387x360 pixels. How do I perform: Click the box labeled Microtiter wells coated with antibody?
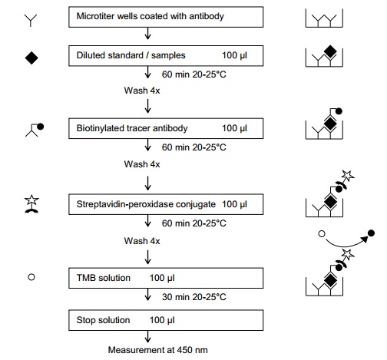pyautogui.click(x=166, y=17)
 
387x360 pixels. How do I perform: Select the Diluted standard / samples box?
pyautogui.click(x=166, y=56)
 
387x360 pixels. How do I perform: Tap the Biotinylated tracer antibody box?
pyautogui.click(x=166, y=128)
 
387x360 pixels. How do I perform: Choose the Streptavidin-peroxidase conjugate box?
pyautogui.click(x=166, y=204)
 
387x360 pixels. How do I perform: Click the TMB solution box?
pyautogui.click(x=166, y=278)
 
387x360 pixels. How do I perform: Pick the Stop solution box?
pyautogui.click(x=166, y=320)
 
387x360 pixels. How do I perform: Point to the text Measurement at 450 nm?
pyautogui.click(x=157, y=350)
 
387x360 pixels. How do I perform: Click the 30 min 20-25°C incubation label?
pyautogui.click(x=194, y=297)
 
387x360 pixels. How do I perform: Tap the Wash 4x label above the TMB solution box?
pyautogui.click(x=142, y=241)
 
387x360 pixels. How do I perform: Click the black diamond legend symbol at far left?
pyautogui.click(x=31, y=58)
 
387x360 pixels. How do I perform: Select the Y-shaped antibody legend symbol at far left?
pyautogui.click(x=31, y=21)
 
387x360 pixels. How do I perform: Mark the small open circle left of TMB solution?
pyautogui.click(x=31, y=277)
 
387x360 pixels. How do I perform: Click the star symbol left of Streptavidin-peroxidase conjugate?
pyautogui.click(x=31, y=200)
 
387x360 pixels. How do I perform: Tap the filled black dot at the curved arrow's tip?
pyautogui.click(x=371, y=233)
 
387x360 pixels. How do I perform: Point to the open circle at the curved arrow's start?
pyautogui.click(x=322, y=233)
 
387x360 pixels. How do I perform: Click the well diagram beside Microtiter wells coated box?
pyautogui.click(x=324, y=18)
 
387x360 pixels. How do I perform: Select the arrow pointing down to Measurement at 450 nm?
pyautogui.click(x=147, y=337)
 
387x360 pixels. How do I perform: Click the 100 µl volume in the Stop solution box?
pyautogui.click(x=162, y=320)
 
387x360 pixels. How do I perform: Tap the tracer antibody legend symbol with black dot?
pyautogui.click(x=35, y=130)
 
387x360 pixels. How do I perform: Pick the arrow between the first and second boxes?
pyautogui.click(x=147, y=34)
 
